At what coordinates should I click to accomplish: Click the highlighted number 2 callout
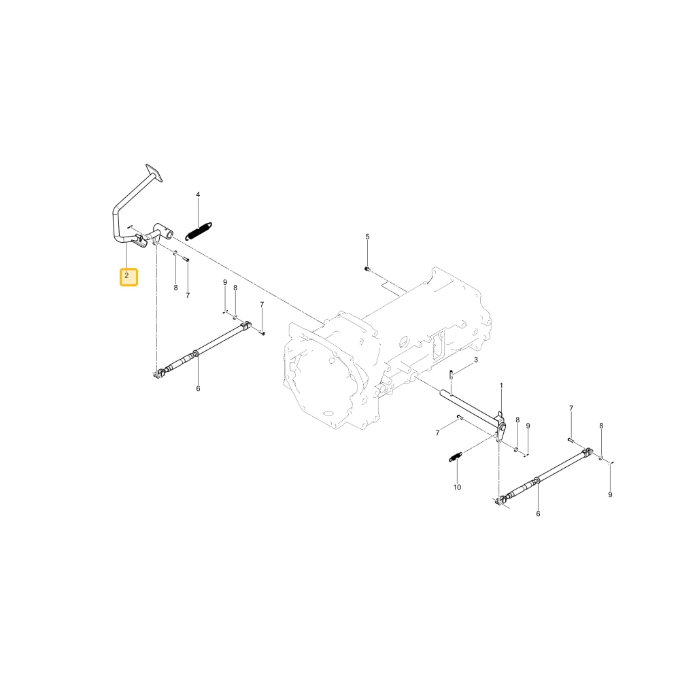point(129,277)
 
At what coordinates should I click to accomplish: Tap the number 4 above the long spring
point(198,194)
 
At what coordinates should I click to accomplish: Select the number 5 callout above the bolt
point(367,237)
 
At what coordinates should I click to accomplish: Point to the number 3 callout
point(476,360)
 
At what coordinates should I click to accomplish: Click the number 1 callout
point(501,386)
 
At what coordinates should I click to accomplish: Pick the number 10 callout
point(457,488)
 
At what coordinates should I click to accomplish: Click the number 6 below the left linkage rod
point(198,388)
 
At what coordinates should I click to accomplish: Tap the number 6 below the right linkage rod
point(538,514)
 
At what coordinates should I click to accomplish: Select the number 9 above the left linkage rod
point(225,282)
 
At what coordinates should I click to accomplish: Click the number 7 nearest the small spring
point(437,432)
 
